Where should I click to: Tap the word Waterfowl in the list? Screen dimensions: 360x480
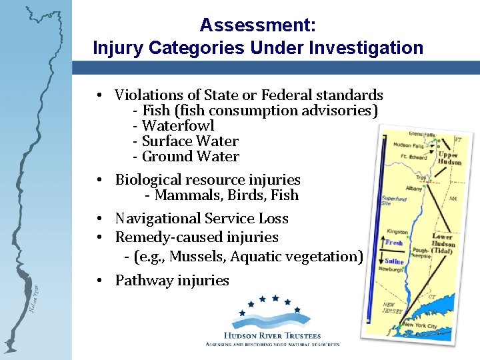tap(178, 125)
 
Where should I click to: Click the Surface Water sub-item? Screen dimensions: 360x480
tap(190, 141)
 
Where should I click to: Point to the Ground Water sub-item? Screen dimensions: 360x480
tap(190, 157)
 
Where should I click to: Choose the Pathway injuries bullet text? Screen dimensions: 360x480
tap(172, 281)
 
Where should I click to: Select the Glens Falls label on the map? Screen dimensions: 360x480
tap(421, 134)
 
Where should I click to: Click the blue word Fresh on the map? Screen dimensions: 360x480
tap(395, 243)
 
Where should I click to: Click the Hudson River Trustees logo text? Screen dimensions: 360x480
tap(273, 336)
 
